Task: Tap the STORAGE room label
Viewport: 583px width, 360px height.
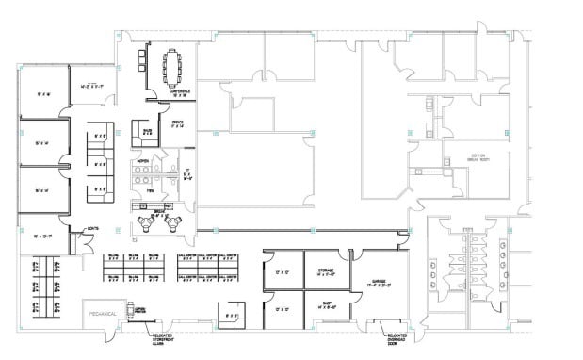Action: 326,271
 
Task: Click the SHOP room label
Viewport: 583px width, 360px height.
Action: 326,305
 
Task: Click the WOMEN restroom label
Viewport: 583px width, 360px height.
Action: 144,162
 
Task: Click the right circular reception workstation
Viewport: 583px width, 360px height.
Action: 173,223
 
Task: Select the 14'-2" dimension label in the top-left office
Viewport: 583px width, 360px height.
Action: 90,86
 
